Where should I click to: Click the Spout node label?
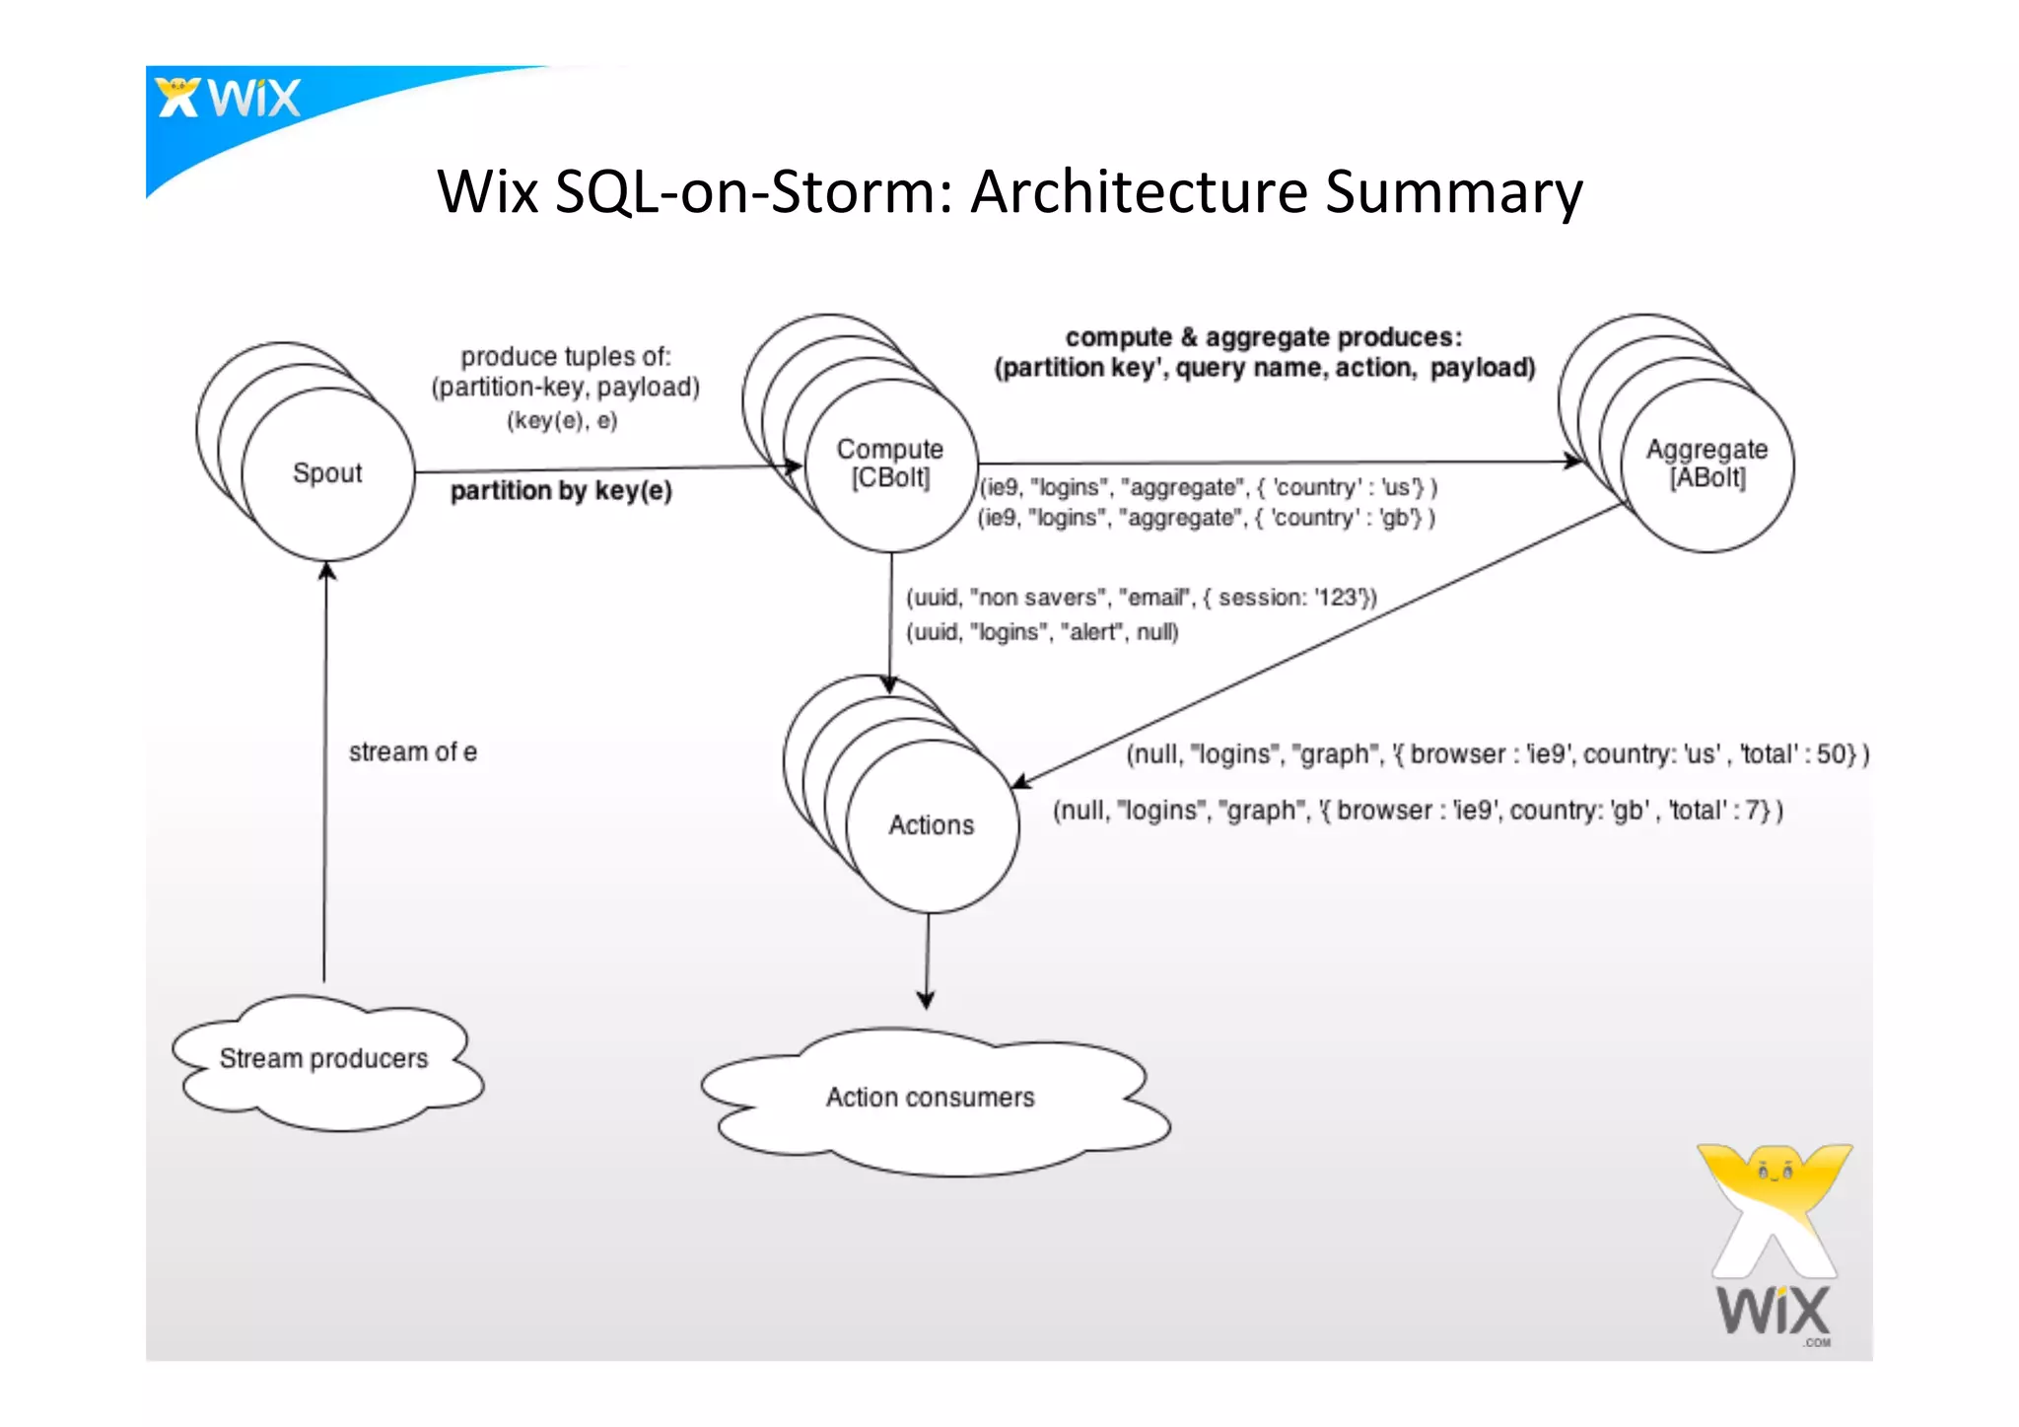point(327,473)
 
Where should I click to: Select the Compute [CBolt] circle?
point(890,464)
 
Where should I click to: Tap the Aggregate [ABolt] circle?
point(1706,464)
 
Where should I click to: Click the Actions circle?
point(932,825)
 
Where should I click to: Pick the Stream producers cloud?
point(324,1059)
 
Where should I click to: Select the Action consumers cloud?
point(931,1098)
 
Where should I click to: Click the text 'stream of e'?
point(412,752)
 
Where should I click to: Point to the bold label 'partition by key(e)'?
point(561,491)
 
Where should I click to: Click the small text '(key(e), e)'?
point(562,421)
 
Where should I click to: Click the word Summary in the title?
point(1453,191)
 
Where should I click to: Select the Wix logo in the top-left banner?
point(229,99)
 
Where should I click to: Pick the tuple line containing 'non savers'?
point(1141,598)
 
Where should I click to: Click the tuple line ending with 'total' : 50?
point(1497,754)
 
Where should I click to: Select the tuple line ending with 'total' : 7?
point(1418,811)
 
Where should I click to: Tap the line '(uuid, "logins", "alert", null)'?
point(1042,632)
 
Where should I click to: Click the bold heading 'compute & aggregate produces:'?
point(1264,337)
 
